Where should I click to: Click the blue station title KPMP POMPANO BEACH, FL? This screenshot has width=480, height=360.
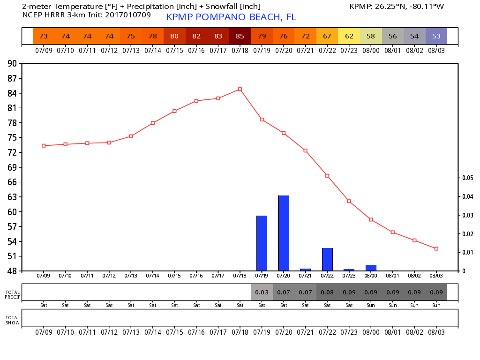click(231, 17)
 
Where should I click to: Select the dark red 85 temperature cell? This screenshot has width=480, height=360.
click(240, 36)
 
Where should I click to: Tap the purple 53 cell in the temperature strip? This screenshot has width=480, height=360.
click(436, 36)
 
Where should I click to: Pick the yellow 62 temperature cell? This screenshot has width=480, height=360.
click(349, 36)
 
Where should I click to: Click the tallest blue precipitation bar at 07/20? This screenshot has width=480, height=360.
click(284, 233)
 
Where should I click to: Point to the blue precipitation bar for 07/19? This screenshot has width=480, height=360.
click(262, 243)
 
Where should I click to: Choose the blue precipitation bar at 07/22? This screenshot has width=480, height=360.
click(327, 259)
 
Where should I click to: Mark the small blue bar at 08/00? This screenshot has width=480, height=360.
click(371, 268)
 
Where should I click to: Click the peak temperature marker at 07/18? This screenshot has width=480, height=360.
click(240, 89)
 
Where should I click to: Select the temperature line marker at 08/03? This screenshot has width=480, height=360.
click(436, 248)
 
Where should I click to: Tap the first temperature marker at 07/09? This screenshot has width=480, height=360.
click(44, 146)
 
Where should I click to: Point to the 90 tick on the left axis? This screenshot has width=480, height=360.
click(13, 64)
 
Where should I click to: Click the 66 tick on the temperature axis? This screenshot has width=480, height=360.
click(13, 182)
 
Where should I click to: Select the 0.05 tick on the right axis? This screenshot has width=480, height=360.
click(467, 178)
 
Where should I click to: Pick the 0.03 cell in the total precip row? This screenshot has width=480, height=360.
click(262, 292)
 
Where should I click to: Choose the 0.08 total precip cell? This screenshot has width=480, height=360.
click(327, 292)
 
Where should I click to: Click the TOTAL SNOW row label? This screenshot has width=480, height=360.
click(13, 320)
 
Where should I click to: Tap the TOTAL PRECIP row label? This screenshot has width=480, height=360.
click(13, 294)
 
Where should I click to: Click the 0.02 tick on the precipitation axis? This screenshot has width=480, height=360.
click(467, 234)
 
